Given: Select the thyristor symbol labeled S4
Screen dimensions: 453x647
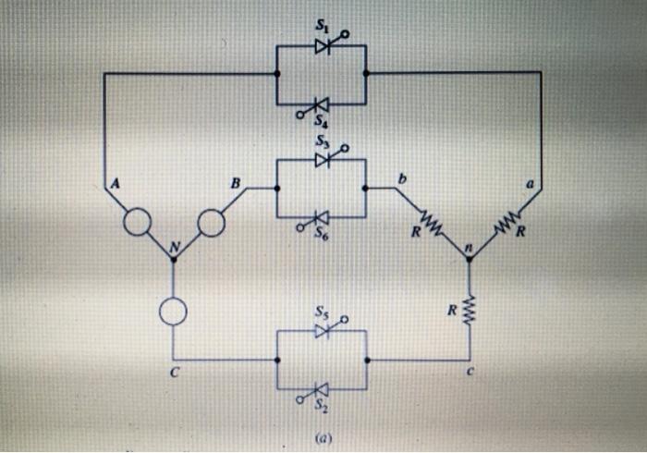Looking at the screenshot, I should pos(321,104).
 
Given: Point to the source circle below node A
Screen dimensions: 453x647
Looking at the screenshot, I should pos(139,223).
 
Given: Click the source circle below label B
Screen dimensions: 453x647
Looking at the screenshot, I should pos(210,223).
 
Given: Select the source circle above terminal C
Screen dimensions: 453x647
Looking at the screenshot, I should pos(173,312).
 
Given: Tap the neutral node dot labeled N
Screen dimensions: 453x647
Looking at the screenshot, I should pos(173,259).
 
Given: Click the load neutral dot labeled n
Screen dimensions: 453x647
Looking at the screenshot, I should pos(469,260).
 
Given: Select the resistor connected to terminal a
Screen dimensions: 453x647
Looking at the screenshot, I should pos(505,223).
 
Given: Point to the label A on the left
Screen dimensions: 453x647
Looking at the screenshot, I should pos(115,183).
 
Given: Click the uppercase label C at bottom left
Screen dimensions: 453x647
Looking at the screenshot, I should pos(173,375).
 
